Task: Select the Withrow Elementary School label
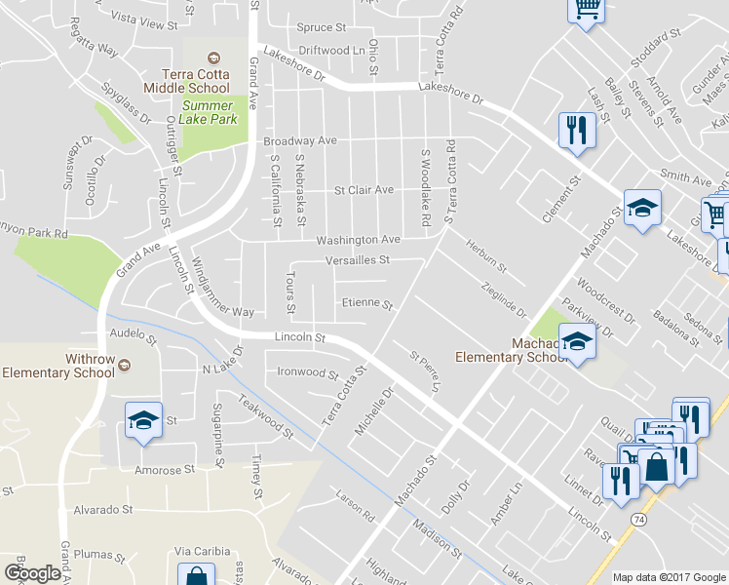click(58, 366)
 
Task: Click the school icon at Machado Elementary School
click(577, 342)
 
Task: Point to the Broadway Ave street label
click(300, 141)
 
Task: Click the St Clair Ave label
click(364, 190)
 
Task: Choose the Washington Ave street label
click(357, 239)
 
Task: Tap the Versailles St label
click(357, 260)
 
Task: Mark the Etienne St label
click(366, 304)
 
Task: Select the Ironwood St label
click(308, 372)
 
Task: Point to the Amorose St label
click(163, 470)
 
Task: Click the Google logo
click(32, 572)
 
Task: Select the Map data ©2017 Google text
click(669, 577)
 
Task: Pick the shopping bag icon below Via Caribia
click(196, 576)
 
